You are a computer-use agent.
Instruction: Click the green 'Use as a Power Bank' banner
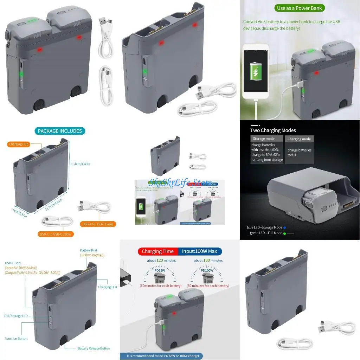(x=300, y=8)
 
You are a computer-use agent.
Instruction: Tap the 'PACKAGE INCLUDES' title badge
(x=60, y=131)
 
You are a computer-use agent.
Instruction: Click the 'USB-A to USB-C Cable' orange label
(x=98, y=224)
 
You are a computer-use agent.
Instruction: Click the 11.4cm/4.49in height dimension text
(x=80, y=164)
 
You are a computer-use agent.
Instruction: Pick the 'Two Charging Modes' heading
(x=273, y=130)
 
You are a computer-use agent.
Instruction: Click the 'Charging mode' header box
(x=299, y=139)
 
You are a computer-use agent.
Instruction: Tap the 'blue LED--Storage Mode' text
(x=265, y=227)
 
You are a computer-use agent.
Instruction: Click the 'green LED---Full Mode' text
(x=266, y=233)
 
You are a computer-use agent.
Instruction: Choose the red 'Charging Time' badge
(x=157, y=251)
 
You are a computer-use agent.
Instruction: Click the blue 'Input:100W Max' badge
(x=200, y=251)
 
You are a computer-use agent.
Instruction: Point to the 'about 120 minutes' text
(x=161, y=261)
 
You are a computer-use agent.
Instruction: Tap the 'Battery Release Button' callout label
(x=94, y=348)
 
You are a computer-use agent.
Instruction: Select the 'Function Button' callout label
(x=16, y=339)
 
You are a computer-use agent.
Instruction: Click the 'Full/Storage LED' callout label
(x=16, y=316)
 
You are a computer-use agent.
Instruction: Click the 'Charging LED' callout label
(x=107, y=287)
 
